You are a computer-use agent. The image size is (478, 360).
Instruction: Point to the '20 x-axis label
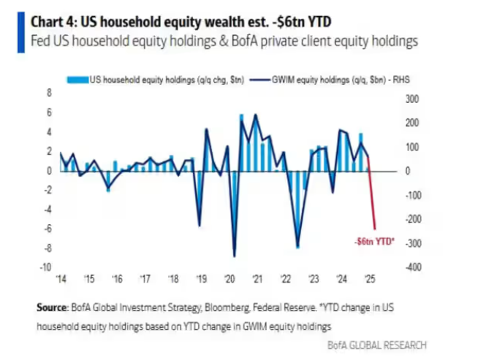[229, 278]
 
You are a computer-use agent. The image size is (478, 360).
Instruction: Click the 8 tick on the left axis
[50, 93]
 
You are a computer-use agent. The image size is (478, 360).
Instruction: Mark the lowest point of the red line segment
[376, 229]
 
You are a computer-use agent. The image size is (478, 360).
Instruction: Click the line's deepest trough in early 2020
[234, 256]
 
